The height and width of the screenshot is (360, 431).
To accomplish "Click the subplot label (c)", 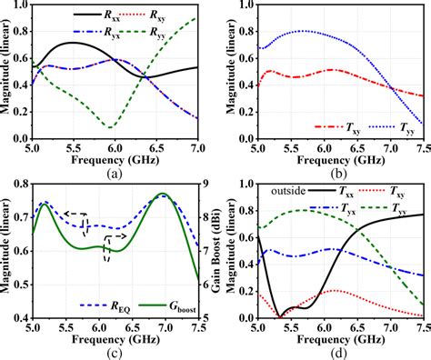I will pyautogui.click(x=115, y=350).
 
